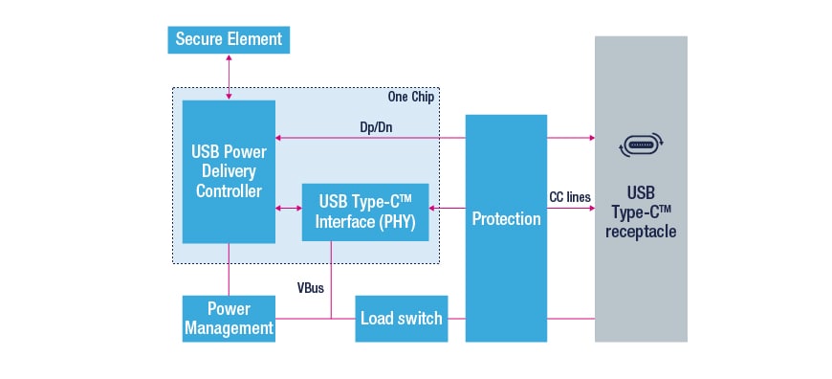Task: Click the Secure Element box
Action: click(x=229, y=40)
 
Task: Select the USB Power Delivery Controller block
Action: click(x=229, y=171)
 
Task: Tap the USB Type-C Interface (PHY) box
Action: click(x=365, y=212)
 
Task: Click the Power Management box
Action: click(x=229, y=319)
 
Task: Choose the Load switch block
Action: click(x=401, y=319)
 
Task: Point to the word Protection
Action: click(x=506, y=219)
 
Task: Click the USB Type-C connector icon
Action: click(x=641, y=144)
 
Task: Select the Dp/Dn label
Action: click(x=376, y=128)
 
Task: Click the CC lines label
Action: click(x=570, y=197)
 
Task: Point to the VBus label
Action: click(x=311, y=289)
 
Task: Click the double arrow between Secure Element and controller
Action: click(x=229, y=77)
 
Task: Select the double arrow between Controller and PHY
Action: click(x=289, y=209)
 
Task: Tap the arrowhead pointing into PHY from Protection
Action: click(x=432, y=208)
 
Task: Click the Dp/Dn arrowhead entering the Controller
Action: click(x=278, y=138)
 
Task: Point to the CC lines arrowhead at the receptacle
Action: click(x=591, y=208)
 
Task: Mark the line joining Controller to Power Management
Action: click(x=229, y=269)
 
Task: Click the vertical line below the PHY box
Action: click(x=331, y=279)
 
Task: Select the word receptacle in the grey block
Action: click(x=641, y=232)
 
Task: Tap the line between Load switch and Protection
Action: click(x=457, y=319)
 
